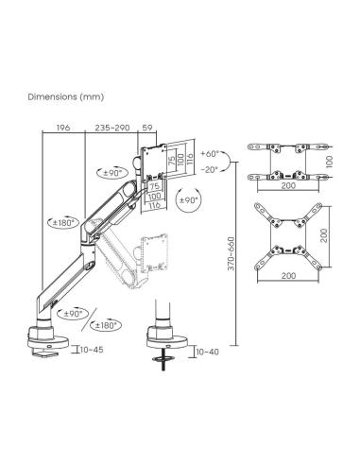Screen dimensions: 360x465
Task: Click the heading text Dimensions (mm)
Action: click(x=66, y=96)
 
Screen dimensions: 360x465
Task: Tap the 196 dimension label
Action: click(x=63, y=128)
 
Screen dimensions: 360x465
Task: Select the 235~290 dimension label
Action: click(x=112, y=128)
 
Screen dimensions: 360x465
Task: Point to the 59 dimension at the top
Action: click(x=147, y=128)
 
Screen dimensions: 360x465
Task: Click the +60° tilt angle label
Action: click(x=210, y=154)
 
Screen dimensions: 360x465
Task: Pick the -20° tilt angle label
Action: click(x=210, y=169)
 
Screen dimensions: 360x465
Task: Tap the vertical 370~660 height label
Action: click(x=231, y=253)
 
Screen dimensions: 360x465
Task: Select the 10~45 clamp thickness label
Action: click(x=92, y=350)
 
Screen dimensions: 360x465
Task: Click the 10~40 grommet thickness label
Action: click(x=207, y=352)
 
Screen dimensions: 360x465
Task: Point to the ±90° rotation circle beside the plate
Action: click(x=189, y=199)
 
